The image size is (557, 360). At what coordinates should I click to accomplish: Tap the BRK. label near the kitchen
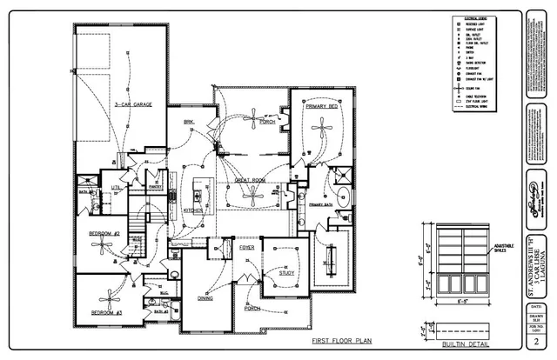[188, 122]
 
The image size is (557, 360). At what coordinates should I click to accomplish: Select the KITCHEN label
[193, 210]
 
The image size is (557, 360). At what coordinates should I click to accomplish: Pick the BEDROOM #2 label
[104, 234]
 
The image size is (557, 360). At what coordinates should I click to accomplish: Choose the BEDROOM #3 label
[104, 312]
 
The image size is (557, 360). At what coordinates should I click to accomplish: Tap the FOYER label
[247, 248]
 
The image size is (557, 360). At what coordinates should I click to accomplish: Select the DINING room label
[205, 298]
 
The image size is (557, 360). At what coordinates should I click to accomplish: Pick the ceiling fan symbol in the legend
[458, 87]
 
